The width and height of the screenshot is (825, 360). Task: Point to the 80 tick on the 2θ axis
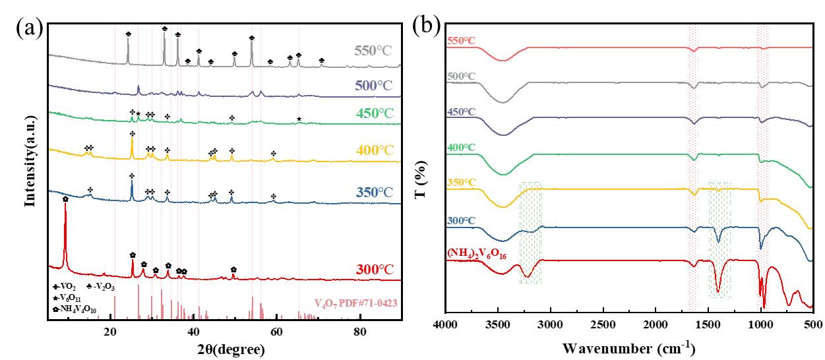[x=359, y=333]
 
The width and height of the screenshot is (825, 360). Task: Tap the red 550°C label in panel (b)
[x=461, y=41]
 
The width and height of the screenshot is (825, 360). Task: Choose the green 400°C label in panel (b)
[x=461, y=147]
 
